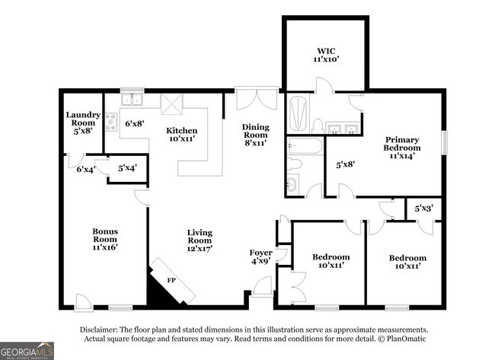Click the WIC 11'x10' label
326,55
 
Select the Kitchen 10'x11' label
182,134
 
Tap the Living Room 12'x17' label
200,241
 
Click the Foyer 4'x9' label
260,256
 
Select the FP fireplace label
171,280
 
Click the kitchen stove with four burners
111,123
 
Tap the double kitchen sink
132,100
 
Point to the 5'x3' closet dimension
423,209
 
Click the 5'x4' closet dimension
127,168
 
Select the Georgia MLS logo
27,351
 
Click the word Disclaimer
99,330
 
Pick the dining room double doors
257,98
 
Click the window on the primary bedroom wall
445,142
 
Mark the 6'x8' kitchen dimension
135,123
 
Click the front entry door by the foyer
262,286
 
